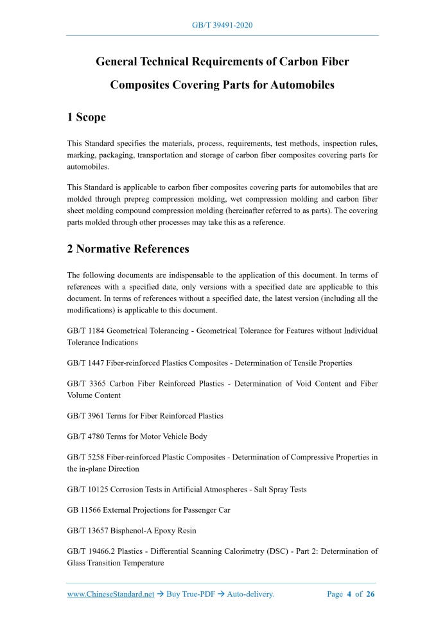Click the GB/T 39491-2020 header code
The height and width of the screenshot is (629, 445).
pyautogui.click(x=222, y=25)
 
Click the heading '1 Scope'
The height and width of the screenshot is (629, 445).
pyautogui.click(x=86, y=117)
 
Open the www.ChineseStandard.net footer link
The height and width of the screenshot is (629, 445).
pyautogui.click(x=110, y=594)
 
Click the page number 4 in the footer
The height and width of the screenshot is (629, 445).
pyautogui.click(x=350, y=594)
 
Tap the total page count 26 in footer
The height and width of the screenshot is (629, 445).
pyautogui.click(x=371, y=594)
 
